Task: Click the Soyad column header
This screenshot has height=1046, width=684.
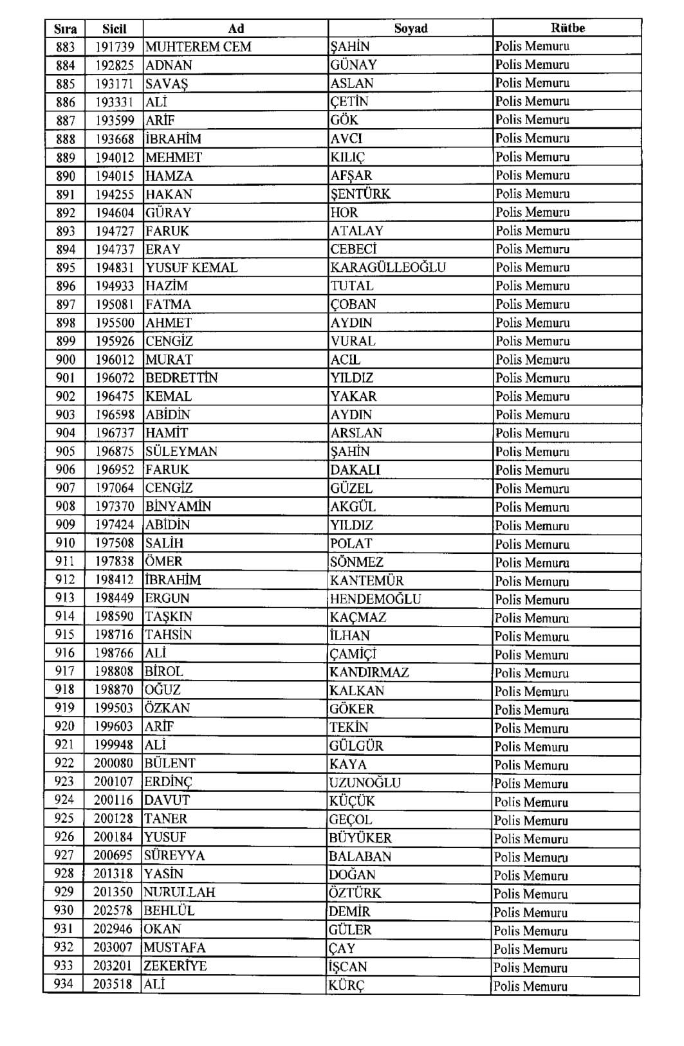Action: coord(411,28)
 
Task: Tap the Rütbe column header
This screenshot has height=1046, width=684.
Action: coord(568,28)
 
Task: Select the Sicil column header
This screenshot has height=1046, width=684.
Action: coord(114,28)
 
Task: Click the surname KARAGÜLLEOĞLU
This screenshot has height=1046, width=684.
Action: coord(388,268)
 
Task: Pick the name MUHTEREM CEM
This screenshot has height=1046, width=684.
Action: coord(198,46)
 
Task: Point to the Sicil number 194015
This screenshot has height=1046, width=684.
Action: coord(115,176)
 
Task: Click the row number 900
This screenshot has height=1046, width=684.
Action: coord(65,360)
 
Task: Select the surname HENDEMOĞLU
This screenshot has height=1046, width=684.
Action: coord(375,599)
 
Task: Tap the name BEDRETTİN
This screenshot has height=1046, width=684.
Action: coord(181,378)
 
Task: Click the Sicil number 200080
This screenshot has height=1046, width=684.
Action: coord(113,764)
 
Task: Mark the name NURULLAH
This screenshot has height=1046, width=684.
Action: coord(180,892)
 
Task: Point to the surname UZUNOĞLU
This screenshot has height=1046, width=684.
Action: coord(365,782)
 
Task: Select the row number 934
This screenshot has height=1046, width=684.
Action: coord(64,984)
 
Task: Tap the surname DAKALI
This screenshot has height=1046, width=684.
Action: coord(355,470)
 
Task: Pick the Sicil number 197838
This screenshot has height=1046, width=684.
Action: coord(115,562)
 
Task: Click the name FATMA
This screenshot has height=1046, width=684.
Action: coord(168,304)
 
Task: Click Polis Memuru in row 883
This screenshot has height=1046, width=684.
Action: coord(532,46)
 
